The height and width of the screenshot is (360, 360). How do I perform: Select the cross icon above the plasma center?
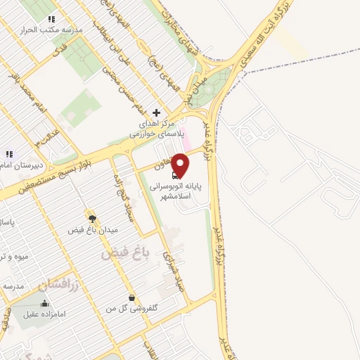coord(156,112)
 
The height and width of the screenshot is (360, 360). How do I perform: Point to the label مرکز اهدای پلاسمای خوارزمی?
coord(160,129)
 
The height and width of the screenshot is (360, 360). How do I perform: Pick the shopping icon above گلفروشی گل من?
coord(132,297)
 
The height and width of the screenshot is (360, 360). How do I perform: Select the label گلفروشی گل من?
coord(131,309)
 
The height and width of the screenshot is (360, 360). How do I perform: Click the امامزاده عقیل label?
coord(44,314)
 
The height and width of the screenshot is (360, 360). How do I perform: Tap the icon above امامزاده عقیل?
coord(45,304)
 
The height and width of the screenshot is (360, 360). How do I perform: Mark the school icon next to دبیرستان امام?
coord(9,153)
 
